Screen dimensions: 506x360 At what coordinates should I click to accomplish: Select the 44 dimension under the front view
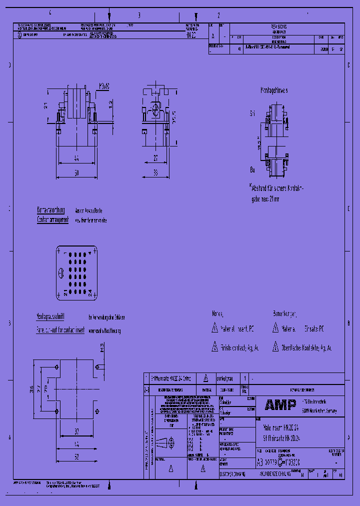(x=76, y=158)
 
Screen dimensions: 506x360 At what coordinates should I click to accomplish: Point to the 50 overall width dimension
(x=76, y=172)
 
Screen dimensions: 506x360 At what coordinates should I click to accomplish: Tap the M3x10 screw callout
(x=104, y=86)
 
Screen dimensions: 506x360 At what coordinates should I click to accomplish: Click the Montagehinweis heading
(x=273, y=91)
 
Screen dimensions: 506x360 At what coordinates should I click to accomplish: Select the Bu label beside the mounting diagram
(x=252, y=170)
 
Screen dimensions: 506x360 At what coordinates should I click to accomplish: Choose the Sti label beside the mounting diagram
(x=252, y=114)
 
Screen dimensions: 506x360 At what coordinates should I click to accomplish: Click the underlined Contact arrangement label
(x=52, y=219)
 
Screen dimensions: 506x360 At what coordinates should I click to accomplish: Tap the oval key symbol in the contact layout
(x=60, y=273)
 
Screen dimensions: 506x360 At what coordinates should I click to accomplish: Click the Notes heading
(x=217, y=313)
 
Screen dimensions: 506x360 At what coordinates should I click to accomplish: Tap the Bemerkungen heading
(x=284, y=313)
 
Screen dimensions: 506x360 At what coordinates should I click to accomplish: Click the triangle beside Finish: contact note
(x=214, y=347)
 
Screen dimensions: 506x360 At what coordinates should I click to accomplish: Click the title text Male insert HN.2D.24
(x=281, y=428)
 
